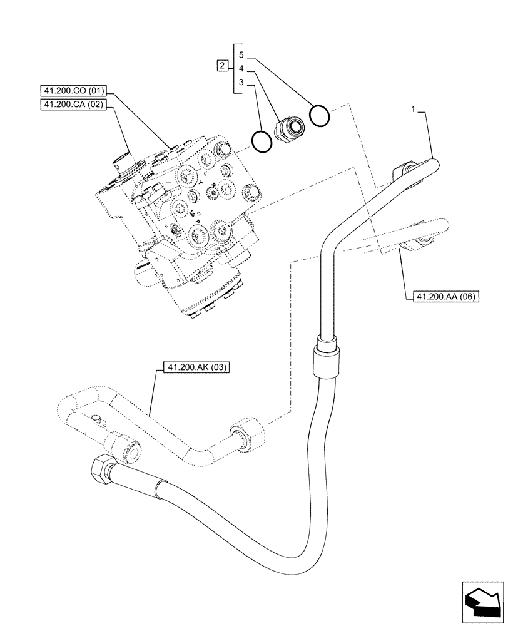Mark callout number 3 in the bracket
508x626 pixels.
coord(241,83)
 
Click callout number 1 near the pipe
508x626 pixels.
coord(413,110)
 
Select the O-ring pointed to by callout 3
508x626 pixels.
coord(262,141)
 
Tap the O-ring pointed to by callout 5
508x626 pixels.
coord(320,116)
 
